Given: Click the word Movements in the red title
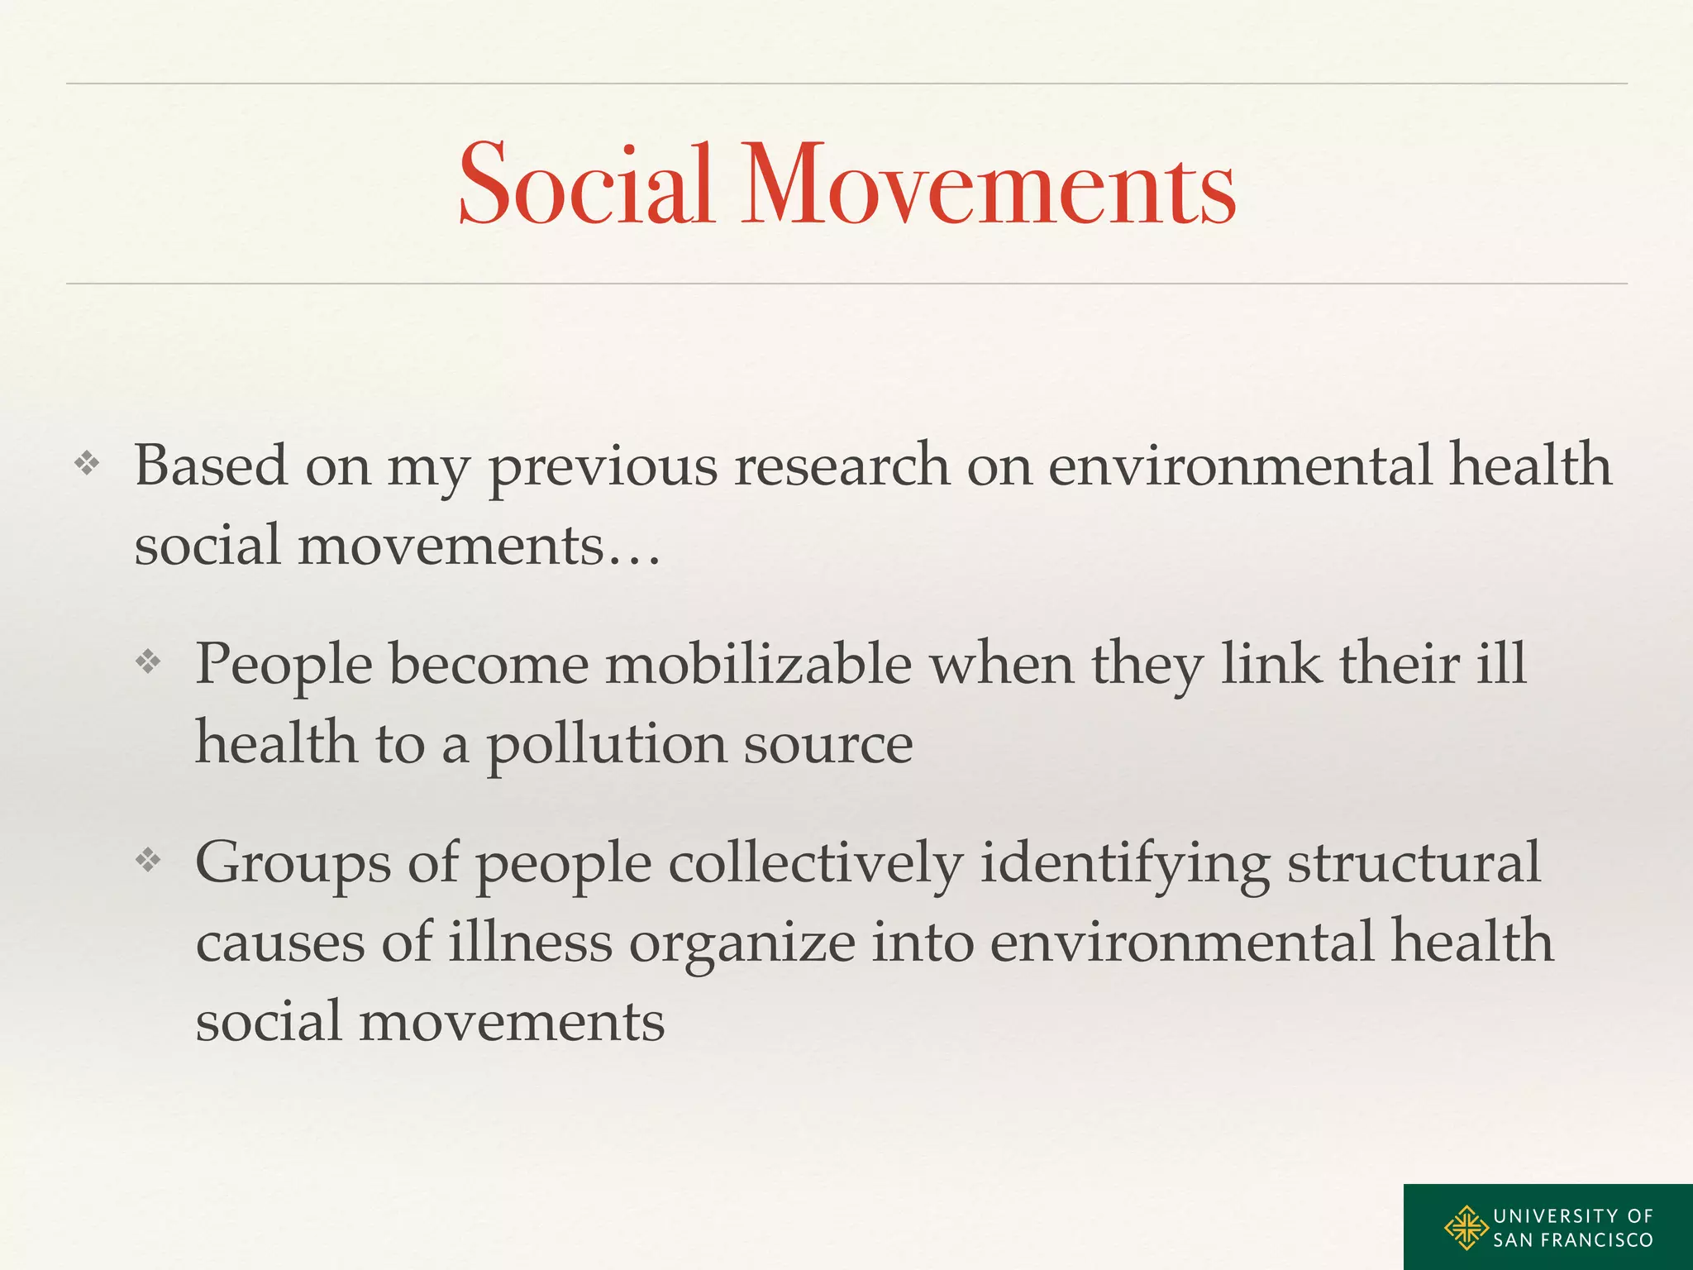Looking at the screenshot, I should [x=988, y=184].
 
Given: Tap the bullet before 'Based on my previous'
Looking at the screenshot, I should [x=87, y=464].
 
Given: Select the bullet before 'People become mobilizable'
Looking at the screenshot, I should [x=148, y=661].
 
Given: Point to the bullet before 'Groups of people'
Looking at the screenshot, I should [x=148, y=861].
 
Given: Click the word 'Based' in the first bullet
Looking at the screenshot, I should [x=211, y=465].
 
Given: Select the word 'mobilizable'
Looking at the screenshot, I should [x=758, y=663].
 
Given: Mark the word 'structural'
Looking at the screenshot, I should [x=1414, y=862].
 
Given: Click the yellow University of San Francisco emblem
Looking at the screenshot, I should [x=1466, y=1228].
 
